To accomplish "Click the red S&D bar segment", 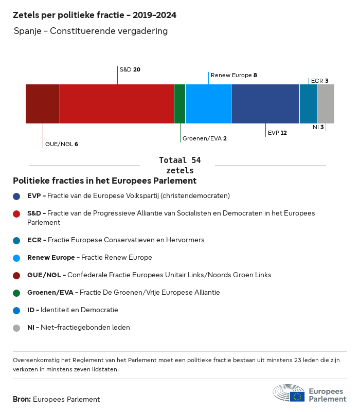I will (x=117, y=104).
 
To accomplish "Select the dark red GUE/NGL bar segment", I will (x=43, y=104).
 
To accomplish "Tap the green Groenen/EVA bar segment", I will (x=179, y=104).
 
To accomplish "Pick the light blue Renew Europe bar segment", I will (x=208, y=104).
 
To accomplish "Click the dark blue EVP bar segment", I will (x=265, y=104).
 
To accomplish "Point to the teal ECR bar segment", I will (x=308, y=104).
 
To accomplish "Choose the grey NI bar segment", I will (x=326, y=104).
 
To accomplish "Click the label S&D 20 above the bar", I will (x=130, y=69).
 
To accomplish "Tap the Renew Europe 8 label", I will (x=234, y=75).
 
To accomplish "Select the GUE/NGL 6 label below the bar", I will (x=62, y=144).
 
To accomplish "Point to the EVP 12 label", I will (x=277, y=133).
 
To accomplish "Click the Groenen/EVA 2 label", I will (x=205, y=138).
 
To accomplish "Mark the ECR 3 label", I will (x=319, y=81).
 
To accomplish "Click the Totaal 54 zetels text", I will (x=179, y=165).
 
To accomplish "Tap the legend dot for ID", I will (x=16, y=310).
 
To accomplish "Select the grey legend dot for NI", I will (x=16, y=328).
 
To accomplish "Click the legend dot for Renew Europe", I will (x=16, y=258).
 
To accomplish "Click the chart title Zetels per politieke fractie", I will (x=95, y=15).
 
